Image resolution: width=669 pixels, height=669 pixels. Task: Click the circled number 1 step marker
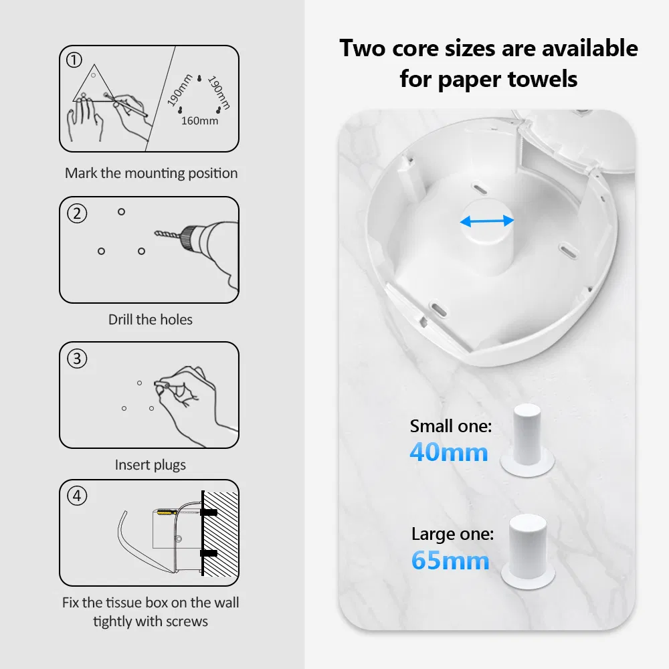[x=74, y=60]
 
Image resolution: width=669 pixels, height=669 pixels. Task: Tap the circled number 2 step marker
[x=77, y=213]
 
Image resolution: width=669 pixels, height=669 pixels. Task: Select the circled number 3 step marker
[x=77, y=359]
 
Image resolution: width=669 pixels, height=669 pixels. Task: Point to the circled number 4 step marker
[x=77, y=496]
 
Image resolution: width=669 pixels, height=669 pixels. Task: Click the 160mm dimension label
[x=199, y=120]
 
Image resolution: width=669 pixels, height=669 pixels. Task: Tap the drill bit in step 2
[x=168, y=234]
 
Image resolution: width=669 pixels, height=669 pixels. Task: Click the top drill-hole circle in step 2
[x=121, y=211]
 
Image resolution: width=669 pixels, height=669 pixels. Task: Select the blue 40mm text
[x=449, y=452]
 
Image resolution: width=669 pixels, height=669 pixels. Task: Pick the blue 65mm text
[x=450, y=560]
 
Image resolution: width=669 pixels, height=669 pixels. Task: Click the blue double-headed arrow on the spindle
[x=487, y=221]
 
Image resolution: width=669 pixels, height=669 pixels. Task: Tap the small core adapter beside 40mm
[x=527, y=440]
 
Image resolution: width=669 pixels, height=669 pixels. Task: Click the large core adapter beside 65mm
[x=529, y=551]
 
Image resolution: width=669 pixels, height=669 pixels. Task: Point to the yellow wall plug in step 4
[x=167, y=512]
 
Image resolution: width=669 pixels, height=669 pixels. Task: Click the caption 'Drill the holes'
[x=150, y=320]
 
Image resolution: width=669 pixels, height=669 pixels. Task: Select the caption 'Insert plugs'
[x=150, y=465]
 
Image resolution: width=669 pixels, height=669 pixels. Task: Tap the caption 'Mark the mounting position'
[x=151, y=173]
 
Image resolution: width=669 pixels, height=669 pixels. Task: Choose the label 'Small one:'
[x=451, y=425]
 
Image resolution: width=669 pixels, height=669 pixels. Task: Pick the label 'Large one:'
[x=453, y=534]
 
